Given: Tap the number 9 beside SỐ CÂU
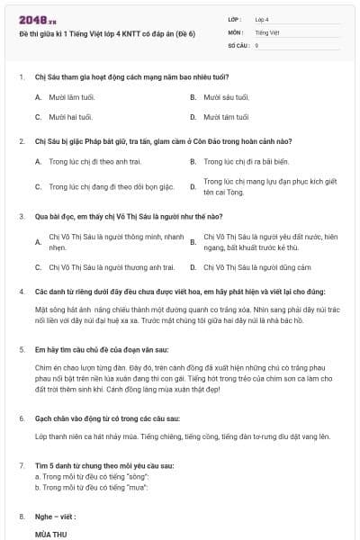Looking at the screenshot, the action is [256, 44].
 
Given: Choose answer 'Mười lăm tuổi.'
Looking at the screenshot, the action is [71, 96].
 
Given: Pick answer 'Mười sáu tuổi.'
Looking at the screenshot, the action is [226, 96].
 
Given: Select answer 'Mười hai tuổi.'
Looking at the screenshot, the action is [71, 117].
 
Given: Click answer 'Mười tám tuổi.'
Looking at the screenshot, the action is [226, 117].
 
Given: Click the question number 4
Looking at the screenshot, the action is [22, 292].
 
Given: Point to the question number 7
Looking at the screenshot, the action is [22, 465].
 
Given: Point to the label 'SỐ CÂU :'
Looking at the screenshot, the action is [238, 44].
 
